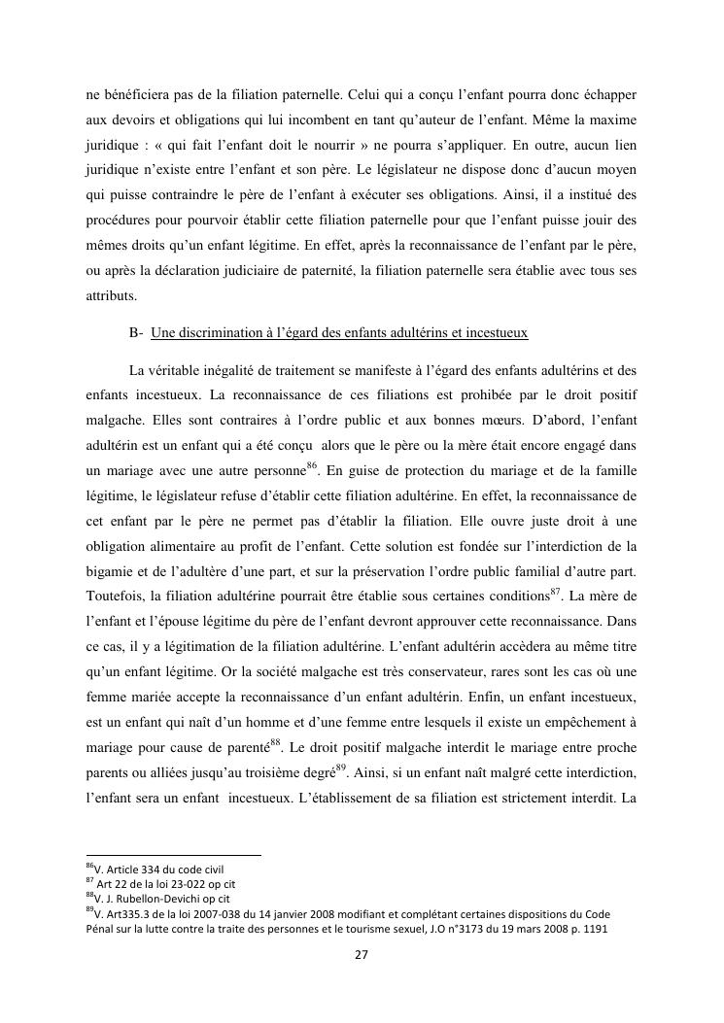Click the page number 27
click(361, 955)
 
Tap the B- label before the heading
click(136, 332)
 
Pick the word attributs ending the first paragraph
click(111, 298)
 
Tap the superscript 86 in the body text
click(312, 467)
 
